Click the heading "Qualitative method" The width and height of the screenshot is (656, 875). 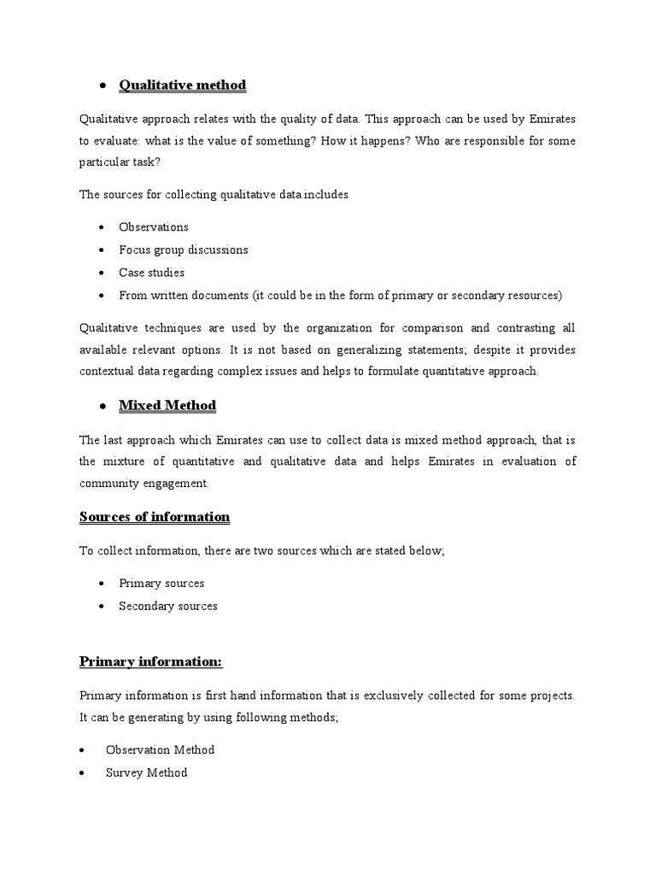tap(182, 85)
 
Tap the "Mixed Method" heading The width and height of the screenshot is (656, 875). tap(167, 405)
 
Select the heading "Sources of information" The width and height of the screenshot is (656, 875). tap(155, 517)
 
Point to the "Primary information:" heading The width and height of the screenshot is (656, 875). tap(150, 661)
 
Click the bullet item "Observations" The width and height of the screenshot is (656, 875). tap(154, 227)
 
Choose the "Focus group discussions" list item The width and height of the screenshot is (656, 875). tap(184, 250)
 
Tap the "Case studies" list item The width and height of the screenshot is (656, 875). tap(151, 273)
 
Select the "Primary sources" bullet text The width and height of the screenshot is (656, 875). tap(161, 583)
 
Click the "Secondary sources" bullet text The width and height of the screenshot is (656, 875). tap(168, 606)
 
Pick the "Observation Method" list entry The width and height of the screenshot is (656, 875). tap(160, 749)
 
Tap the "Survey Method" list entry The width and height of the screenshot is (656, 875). tap(146, 772)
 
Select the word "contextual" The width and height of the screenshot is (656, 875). tap(107, 373)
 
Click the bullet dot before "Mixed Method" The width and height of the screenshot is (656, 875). tap(102, 406)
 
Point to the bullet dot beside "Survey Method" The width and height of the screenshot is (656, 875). tap(81, 772)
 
